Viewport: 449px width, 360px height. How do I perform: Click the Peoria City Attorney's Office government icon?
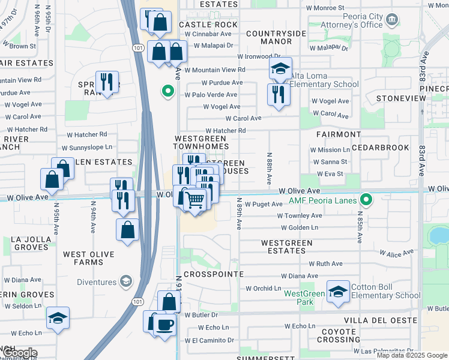tap(391, 20)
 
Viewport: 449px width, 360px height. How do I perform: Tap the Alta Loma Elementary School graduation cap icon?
tap(280, 69)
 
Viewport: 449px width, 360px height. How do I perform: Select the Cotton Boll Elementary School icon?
tap(338, 292)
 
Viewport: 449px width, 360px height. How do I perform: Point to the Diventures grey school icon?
tap(125, 281)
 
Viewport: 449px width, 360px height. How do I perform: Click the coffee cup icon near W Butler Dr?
tap(165, 324)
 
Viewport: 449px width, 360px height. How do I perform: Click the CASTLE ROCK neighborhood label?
tap(208, 25)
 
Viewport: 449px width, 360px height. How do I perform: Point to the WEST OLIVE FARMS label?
tap(89, 258)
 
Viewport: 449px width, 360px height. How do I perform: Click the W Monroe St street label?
tap(324, 7)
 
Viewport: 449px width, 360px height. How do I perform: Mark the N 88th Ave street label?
tap(268, 168)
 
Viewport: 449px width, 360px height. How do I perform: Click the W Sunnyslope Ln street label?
tap(87, 147)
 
